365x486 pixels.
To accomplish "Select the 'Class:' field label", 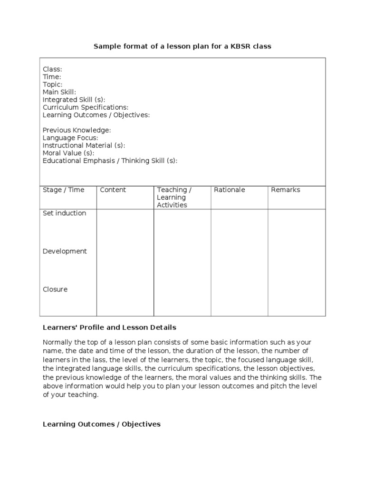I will (52, 69).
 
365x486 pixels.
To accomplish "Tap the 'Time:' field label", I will (52, 77).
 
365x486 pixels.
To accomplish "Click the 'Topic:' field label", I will (52, 84).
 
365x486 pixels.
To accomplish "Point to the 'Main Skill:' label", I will (59, 92).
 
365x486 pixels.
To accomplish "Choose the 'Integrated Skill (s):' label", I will (74, 100).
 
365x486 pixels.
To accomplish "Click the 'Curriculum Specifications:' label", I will (86, 107).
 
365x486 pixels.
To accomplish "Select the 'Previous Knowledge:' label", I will (77, 130).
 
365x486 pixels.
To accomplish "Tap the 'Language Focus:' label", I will (70, 138).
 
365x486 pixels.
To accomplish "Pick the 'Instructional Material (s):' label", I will (84, 145).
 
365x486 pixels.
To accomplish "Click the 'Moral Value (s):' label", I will (68, 153).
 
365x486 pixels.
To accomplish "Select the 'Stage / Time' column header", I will (63, 190).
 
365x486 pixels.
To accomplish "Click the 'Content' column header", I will (113, 190).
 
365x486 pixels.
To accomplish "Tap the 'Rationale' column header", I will (230, 190).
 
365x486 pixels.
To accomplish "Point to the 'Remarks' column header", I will (286, 190).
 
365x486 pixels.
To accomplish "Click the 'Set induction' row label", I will (64, 213).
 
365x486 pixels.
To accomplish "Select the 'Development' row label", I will (65, 251).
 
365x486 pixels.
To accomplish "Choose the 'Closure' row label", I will (55, 289).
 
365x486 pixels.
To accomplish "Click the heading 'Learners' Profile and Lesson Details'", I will (109, 327).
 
